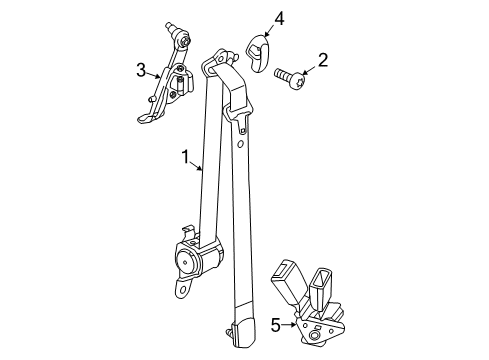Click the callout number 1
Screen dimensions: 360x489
click(x=185, y=156)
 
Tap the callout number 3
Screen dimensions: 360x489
click(x=143, y=69)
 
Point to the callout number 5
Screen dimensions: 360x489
click(x=275, y=325)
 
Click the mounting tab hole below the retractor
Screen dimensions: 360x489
click(x=182, y=291)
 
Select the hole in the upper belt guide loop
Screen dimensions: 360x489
click(x=211, y=64)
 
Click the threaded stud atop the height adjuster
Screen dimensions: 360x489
click(x=183, y=34)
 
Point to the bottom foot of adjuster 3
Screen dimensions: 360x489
click(x=145, y=117)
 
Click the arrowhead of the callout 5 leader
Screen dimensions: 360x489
click(x=295, y=324)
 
